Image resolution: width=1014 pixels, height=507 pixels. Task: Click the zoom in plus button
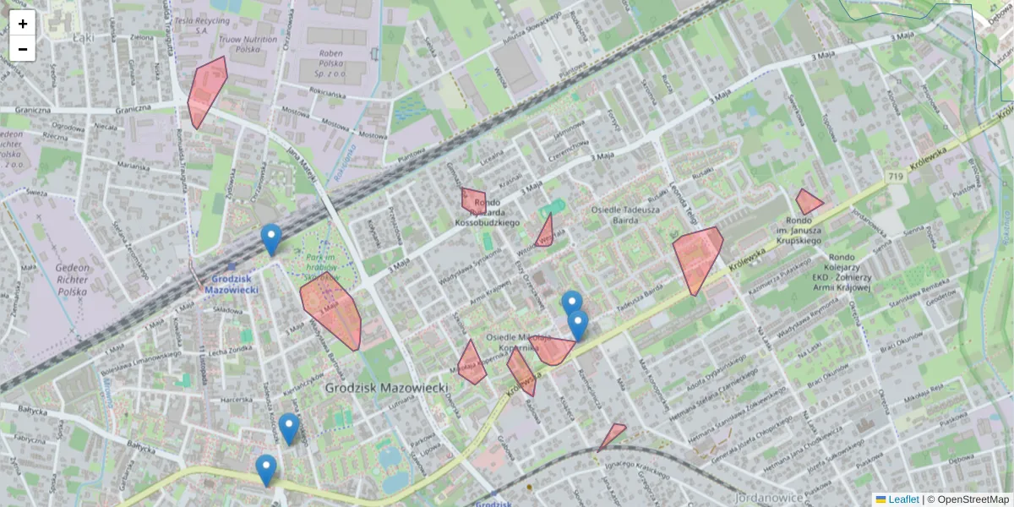(x=23, y=23)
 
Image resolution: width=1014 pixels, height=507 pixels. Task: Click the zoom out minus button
(x=23, y=49)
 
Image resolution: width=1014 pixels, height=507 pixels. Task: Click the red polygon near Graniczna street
(x=204, y=91)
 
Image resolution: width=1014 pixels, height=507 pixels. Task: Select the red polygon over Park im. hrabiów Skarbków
(x=332, y=311)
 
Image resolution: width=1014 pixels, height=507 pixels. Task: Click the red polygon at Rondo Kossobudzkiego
(x=473, y=201)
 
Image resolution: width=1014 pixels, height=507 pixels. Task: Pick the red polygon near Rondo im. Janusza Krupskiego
(x=807, y=202)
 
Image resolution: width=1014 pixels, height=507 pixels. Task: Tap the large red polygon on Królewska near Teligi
(x=698, y=256)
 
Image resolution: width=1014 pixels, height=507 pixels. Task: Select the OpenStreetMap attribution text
(x=973, y=499)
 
